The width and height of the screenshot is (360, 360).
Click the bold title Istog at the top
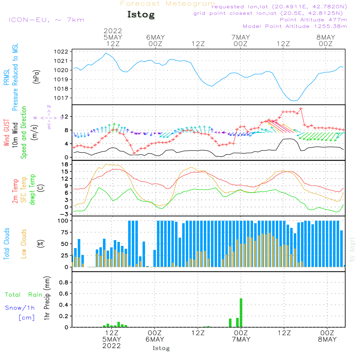(x=141, y=15)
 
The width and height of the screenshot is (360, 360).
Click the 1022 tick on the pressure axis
(x=61, y=51)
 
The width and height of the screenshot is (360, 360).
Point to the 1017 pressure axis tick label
(x=61, y=98)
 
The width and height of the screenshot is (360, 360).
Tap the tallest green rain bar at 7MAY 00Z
(x=241, y=313)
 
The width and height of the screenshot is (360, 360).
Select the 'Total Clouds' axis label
(x=6, y=244)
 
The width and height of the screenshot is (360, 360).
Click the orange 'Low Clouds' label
(x=24, y=244)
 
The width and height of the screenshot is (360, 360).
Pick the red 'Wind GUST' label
(x=6, y=132)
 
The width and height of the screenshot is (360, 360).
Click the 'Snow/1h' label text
(x=20, y=308)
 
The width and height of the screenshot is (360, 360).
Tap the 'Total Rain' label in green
(x=24, y=294)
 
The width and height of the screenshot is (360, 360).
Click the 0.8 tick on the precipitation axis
(x=64, y=282)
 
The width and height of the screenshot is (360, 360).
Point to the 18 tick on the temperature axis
(x=65, y=165)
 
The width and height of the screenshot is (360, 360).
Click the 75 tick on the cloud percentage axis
(x=64, y=232)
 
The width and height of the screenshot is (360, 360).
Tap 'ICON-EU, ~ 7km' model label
(x=46, y=20)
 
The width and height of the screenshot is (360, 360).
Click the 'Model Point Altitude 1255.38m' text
(x=295, y=26)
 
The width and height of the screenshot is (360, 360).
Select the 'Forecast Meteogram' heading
(x=168, y=4)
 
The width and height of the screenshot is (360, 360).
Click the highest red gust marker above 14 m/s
(x=301, y=109)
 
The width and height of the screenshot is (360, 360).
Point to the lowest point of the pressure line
(x=294, y=101)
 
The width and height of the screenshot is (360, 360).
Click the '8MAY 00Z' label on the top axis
(x=326, y=40)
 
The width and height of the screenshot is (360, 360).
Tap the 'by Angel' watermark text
(x=352, y=249)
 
